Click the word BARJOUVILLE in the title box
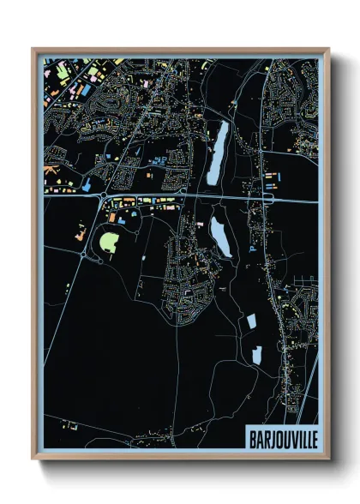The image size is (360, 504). pyautogui.click(x=280, y=436)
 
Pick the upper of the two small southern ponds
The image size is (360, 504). pyautogui.click(x=252, y=323)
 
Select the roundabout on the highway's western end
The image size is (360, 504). pyautogui.click(x=101, y=200)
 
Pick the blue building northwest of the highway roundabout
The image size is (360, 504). pyautogui.click(x=87, y=184)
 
